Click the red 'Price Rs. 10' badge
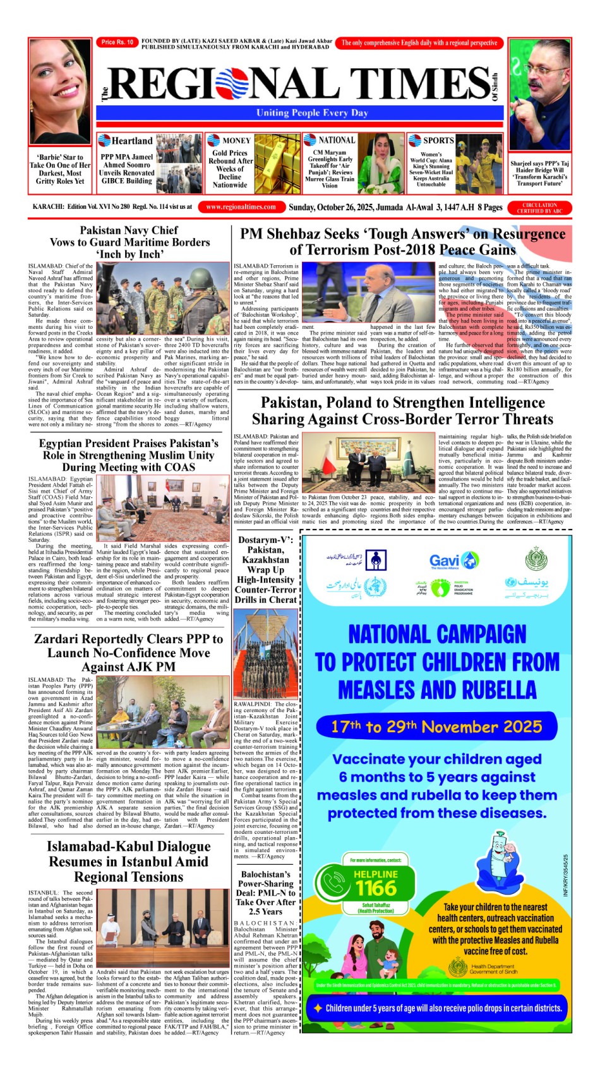click(117, 42)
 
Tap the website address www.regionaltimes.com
click(241, 207)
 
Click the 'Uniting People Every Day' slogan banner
click(312, 113)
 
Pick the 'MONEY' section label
click(237, 141)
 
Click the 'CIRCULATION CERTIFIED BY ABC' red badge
click(539, 208)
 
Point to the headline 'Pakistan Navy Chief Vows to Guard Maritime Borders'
click(129, 242)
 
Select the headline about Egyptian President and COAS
click(128, 455)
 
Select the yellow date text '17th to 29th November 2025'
click(436, 727)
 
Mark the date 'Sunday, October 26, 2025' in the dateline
click(345, 207)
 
